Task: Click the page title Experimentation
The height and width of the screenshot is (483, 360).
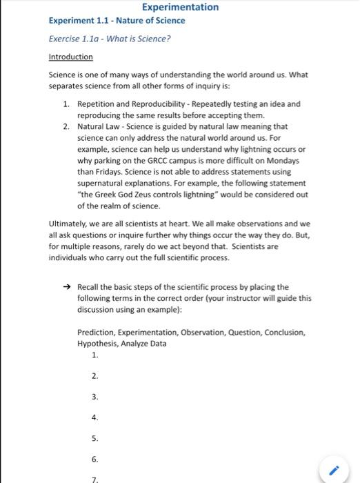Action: click(180, 7)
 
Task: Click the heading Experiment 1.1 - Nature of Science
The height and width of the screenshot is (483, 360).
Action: click(117, 21)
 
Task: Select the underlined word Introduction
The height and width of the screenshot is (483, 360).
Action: click(70, 57)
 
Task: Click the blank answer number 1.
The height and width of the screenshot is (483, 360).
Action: click(94, 355)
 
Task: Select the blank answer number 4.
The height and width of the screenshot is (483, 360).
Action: click(94, 417)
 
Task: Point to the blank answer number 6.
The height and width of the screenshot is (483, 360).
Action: click(94, 459)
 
